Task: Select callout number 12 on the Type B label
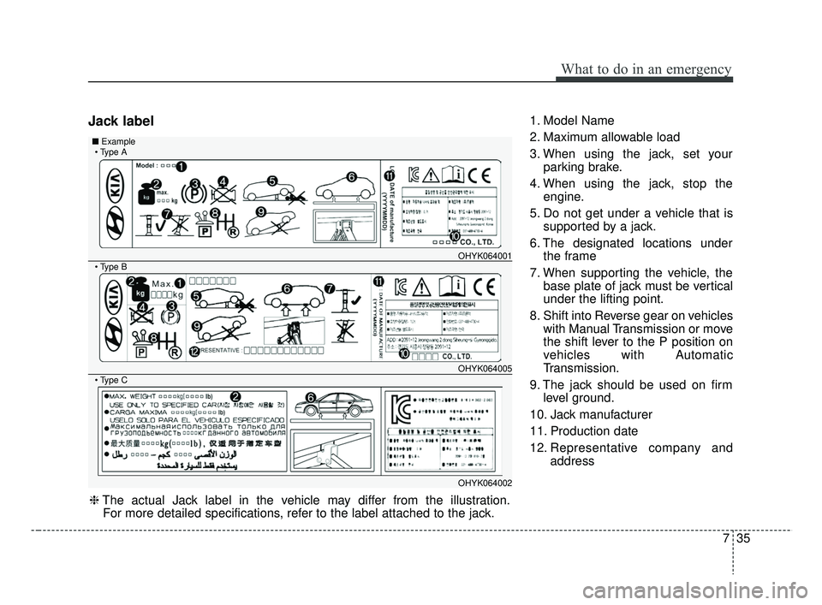tap(194, 351)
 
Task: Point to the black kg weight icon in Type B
tap(140, 294)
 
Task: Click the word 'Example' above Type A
tap(118, 141)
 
